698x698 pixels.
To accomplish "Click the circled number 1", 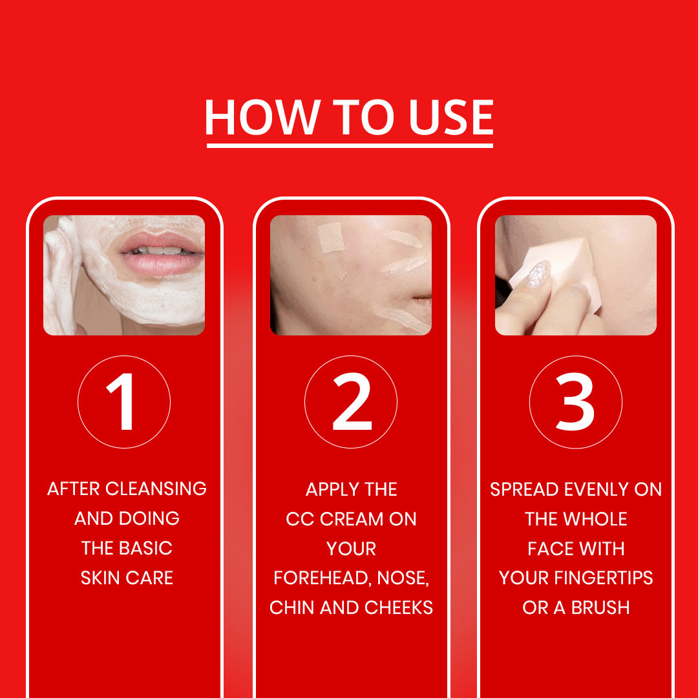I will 123,401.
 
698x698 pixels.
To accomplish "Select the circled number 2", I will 351,401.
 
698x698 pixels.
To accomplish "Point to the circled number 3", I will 575,401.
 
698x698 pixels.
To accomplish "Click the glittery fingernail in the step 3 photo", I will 538,275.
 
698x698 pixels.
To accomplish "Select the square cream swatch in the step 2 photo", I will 332,237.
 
